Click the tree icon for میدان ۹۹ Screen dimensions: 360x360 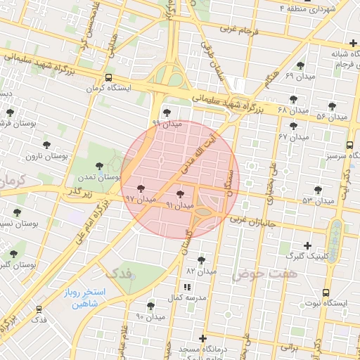[167, 112]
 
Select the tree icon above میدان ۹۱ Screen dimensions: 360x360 [180, 193]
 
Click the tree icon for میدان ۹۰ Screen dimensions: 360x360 [150, 306]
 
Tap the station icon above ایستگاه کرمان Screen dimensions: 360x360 [108, 77]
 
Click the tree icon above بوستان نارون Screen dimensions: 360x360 [46, 144]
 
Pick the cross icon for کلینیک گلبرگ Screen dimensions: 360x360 [307, 245]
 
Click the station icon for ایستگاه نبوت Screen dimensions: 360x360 [325, 292]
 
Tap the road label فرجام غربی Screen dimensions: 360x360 [239, 30]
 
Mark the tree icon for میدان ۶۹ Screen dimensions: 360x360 [300, 65]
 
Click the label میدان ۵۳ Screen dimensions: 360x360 [318, 201]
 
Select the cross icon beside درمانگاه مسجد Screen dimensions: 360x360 [203, 338]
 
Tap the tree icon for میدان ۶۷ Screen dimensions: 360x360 [293, 126]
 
